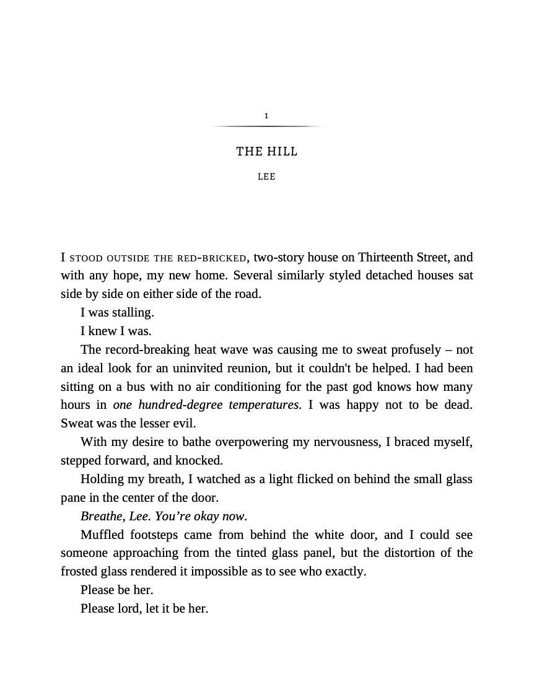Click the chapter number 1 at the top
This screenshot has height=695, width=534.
(266, 116)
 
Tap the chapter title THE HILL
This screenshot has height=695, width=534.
(266, 151)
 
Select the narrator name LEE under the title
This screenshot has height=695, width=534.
(266, 177)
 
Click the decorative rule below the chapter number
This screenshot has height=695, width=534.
(266, 126)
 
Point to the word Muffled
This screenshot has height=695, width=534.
(103, 535)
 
